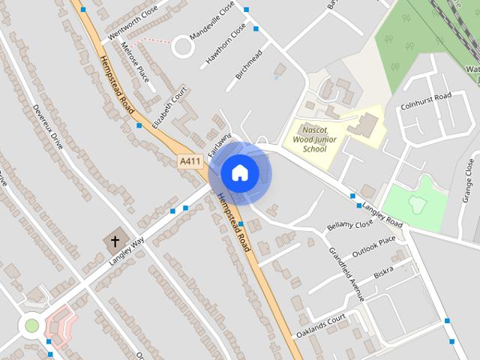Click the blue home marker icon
[x=239, y=173]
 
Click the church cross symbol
[x=115, y=241]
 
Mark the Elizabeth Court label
[x=170, y=108]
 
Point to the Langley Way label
[x=126, y=248]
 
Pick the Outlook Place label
[x=373, y=247]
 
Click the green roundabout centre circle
[x=31, y=325]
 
